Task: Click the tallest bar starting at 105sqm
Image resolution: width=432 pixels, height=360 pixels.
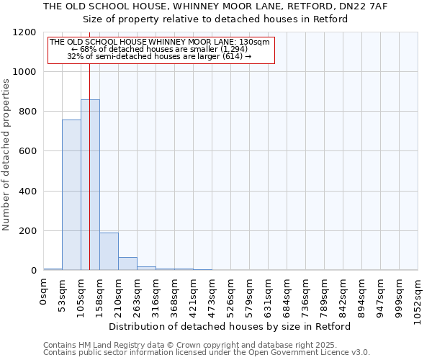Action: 90,185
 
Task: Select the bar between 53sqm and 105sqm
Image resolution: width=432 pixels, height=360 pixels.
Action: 71,194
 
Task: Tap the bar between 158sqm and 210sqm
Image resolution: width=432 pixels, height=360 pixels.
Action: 109,251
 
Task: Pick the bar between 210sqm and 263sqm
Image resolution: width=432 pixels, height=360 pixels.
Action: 127,264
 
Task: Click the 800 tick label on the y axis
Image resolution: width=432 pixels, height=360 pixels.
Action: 27,112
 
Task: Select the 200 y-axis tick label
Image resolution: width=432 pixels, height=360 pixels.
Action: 27,231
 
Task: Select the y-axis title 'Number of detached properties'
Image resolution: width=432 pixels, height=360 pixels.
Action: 7,155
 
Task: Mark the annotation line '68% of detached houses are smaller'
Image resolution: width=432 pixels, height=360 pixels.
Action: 160,48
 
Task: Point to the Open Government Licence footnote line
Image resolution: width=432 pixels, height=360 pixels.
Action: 207,352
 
